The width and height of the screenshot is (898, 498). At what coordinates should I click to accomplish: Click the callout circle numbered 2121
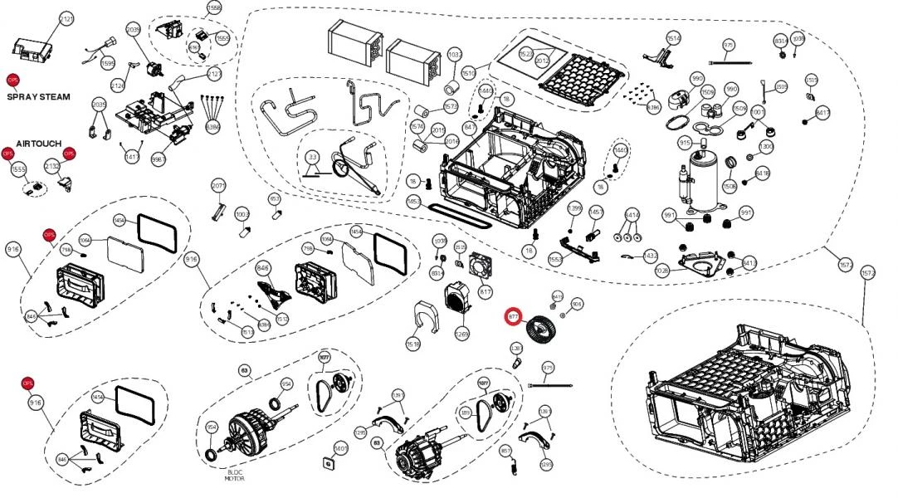pyautogui.click(x=66, y=19)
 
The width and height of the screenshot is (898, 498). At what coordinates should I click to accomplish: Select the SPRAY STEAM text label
pyautogui.click(x=38, y=97)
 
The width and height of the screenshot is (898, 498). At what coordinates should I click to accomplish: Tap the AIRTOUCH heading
pyautogui.click(x=39, y=144)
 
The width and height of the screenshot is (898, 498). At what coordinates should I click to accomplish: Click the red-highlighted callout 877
pyautogui.click(x=514, y=316)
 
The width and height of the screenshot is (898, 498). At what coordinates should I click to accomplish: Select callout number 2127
pyautogui.click(x=215, y=75)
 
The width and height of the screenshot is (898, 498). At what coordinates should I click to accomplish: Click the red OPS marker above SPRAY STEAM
pyautogui.click(x=12, y=80)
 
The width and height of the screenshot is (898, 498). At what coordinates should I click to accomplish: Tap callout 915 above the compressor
pyautogui.click(x=685, y=144)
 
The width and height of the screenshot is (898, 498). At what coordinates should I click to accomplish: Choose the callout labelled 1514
pyautogui.click(x=673, y=38)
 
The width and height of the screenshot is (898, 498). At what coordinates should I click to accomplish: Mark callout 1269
pyautogui.click(x=462, y=334)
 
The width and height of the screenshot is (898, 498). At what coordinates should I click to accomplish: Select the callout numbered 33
pyautogui.click(x=312, y=157)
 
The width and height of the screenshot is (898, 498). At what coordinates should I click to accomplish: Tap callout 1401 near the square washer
pyautogui.click(x=340, y=448)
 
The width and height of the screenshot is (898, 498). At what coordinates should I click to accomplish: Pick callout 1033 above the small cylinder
pyautogui.click(x=454, y=55)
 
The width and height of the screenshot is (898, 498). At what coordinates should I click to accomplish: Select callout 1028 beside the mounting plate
pyautogui.click(x=662, y=271)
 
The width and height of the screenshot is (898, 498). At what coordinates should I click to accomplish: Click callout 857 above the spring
pyautogui.click(x=505, y=450)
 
